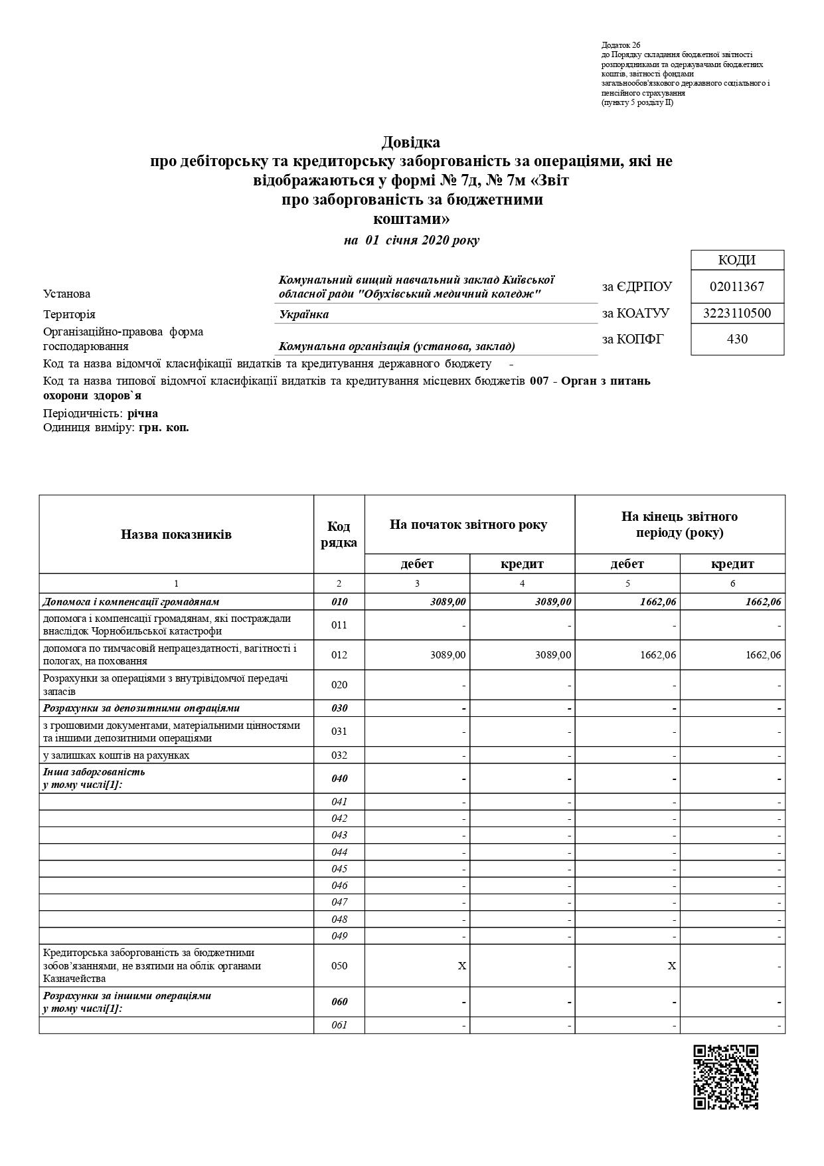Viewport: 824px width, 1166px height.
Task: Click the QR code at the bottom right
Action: pos(725,1076)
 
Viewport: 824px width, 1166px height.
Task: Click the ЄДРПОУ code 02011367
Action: pos(737,287)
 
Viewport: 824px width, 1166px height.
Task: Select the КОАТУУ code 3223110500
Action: pos(737,313)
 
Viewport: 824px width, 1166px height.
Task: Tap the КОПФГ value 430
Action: pos(737,339)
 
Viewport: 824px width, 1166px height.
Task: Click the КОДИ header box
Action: pos(737,260)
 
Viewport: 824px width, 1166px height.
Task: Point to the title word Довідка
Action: pos(410,142)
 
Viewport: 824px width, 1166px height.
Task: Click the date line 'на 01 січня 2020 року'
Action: pos(411,241)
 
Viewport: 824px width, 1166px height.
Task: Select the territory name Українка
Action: pos(303,314)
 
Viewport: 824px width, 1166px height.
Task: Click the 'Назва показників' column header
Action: pos(176,534)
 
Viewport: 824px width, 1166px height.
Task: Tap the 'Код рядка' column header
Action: pos(339,534)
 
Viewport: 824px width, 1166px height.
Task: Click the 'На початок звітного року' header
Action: pos(469,525)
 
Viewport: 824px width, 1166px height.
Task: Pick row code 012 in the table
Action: pos(339,655)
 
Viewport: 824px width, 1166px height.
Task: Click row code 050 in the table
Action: pos(339,966)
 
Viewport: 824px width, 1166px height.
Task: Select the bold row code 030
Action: pos(339,708)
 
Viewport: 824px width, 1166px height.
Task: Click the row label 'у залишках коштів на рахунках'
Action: pos(116,755)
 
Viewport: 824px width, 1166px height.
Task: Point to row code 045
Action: pos(339,869)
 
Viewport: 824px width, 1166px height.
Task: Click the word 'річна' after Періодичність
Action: pos(143,413)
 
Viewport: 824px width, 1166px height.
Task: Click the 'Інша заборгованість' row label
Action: pos(94,772)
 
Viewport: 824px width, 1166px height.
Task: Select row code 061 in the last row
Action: pos(339,1025)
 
